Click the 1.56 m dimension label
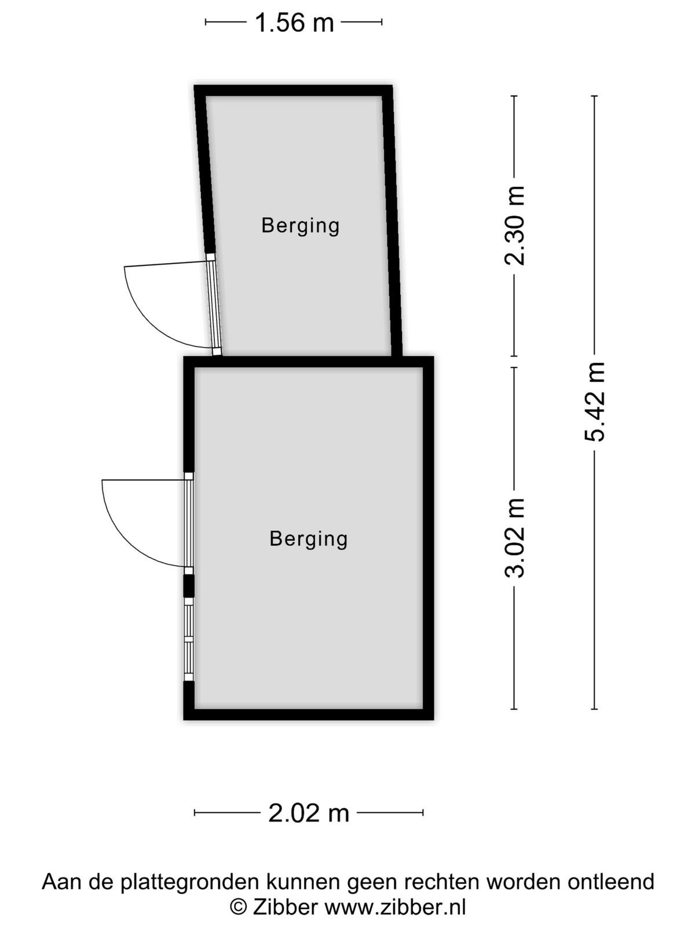[294, 23]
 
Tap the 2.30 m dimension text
[515, 226]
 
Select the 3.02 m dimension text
[515, 538]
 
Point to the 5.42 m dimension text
[595, 402]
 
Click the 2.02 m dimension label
[309, 813]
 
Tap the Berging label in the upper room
[301, 226]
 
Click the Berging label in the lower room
[309, 539]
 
